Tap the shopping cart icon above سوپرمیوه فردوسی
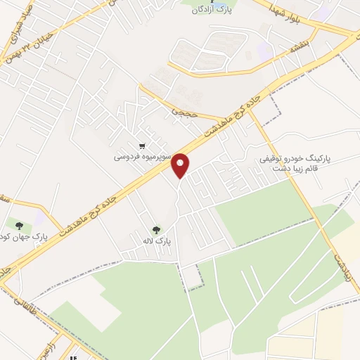point(142,147)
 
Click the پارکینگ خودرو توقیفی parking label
point(288,160)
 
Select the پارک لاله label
point(156,241)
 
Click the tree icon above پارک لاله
point(156,229)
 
